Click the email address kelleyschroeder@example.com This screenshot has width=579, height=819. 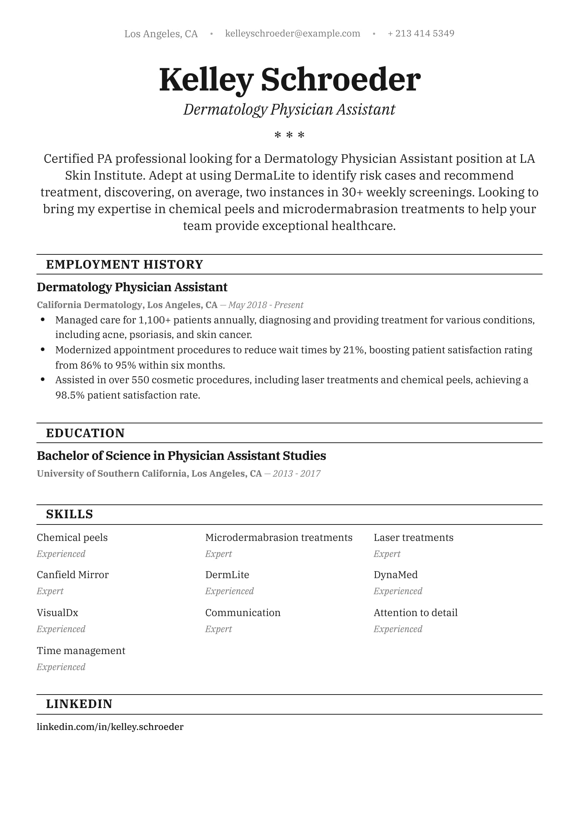coord(292,34)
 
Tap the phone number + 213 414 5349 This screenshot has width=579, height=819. coord(421,34)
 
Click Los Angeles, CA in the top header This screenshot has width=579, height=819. coord(161,34)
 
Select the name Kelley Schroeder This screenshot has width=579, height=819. coord(289,80)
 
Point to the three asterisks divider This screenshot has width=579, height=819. coord(289,135)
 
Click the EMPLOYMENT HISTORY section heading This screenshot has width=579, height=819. coord(124,265)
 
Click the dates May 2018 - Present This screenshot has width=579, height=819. coord(266,305)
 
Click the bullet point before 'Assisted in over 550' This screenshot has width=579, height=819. coord(43,380)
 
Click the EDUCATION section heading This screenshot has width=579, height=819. coord(85,433)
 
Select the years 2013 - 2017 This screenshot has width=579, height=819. coord(296,474)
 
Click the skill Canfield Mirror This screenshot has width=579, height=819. coord(73,575)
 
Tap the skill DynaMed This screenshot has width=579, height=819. coord(396,575)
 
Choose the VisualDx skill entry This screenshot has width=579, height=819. coord(57,613)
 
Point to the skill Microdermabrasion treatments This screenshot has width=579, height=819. coord(279,538)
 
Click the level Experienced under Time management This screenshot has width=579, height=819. coord(61,667)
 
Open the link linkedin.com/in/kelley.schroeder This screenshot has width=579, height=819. coord(110,727)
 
